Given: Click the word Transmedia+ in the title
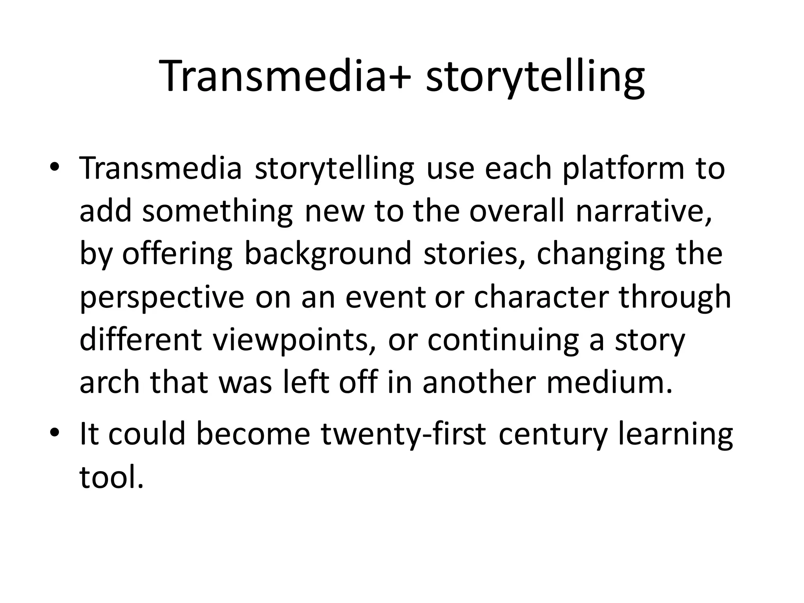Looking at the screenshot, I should pos(287,77).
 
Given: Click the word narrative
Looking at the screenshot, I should pos(644,211).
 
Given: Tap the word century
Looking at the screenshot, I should pos(553,435).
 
